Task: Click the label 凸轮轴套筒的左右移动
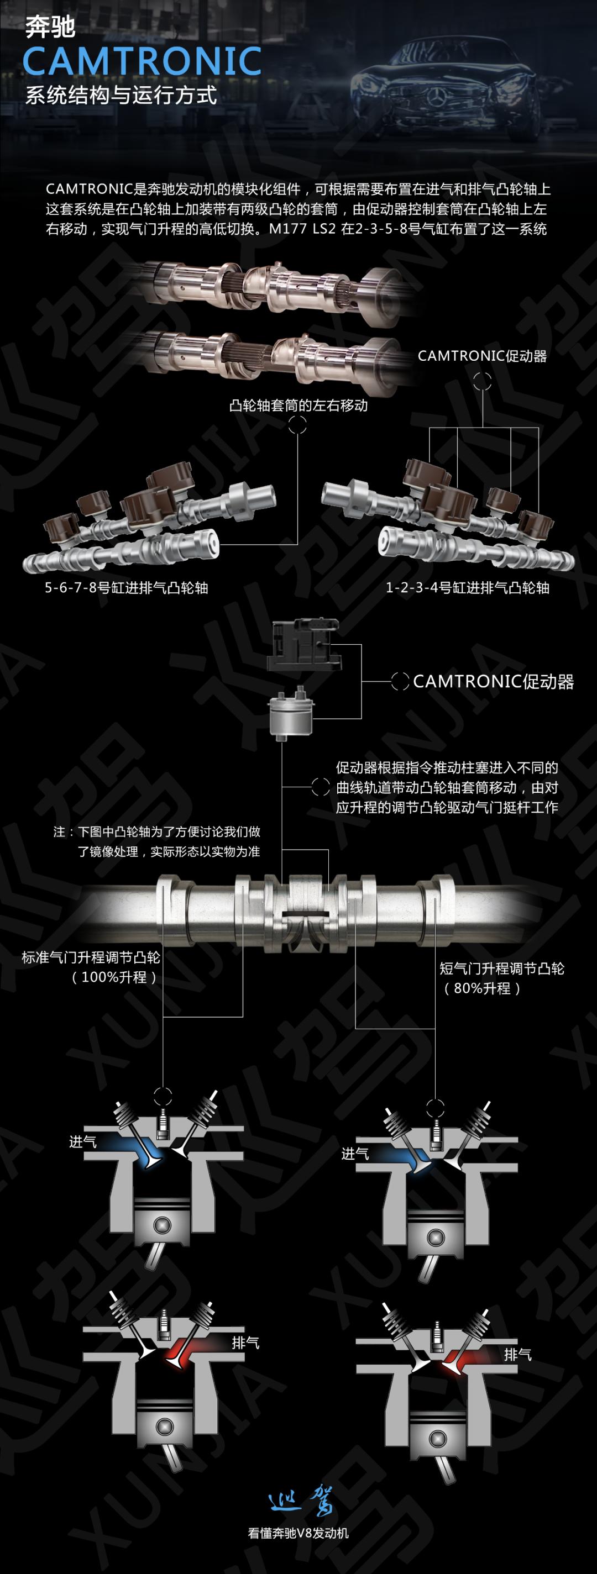point(298,405)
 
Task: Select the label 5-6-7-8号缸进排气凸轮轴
point(127,588)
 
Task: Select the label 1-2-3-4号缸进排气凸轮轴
point(468,588)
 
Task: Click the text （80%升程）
point(482,988)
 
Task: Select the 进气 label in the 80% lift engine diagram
point(355,1153)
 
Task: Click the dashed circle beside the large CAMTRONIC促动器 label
point(400,681)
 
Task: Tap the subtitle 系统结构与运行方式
point(121,96)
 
